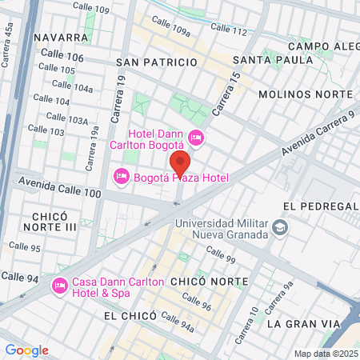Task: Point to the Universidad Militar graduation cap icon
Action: [x=279, y=229]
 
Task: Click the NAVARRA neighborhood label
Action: [x=60, y=37]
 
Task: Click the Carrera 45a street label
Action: [x=8, y=42]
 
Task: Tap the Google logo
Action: [x=26, y=350]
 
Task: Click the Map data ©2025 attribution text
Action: [x=326, y=354]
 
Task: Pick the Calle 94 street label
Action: [x=20, y=276]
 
